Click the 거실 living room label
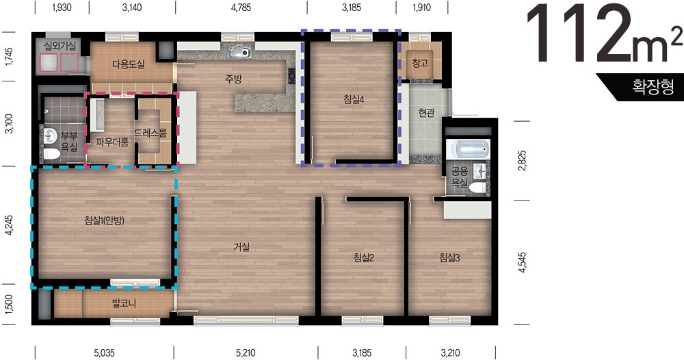[241, 247]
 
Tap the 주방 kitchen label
[233, 79]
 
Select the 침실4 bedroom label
[354, 99]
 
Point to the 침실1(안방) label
[104, 220]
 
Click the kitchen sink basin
[239, 53]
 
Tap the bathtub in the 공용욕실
[469, 150]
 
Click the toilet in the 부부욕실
[51, 153]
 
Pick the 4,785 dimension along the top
[241, 8]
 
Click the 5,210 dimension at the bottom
[246, 352]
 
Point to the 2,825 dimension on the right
[523, 160]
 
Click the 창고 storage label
[420, 63]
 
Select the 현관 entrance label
[426, 112]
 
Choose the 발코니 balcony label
[124, 303]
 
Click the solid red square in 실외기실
[48, 62]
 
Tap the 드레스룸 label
[150, 133]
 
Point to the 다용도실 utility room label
[129, 64]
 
